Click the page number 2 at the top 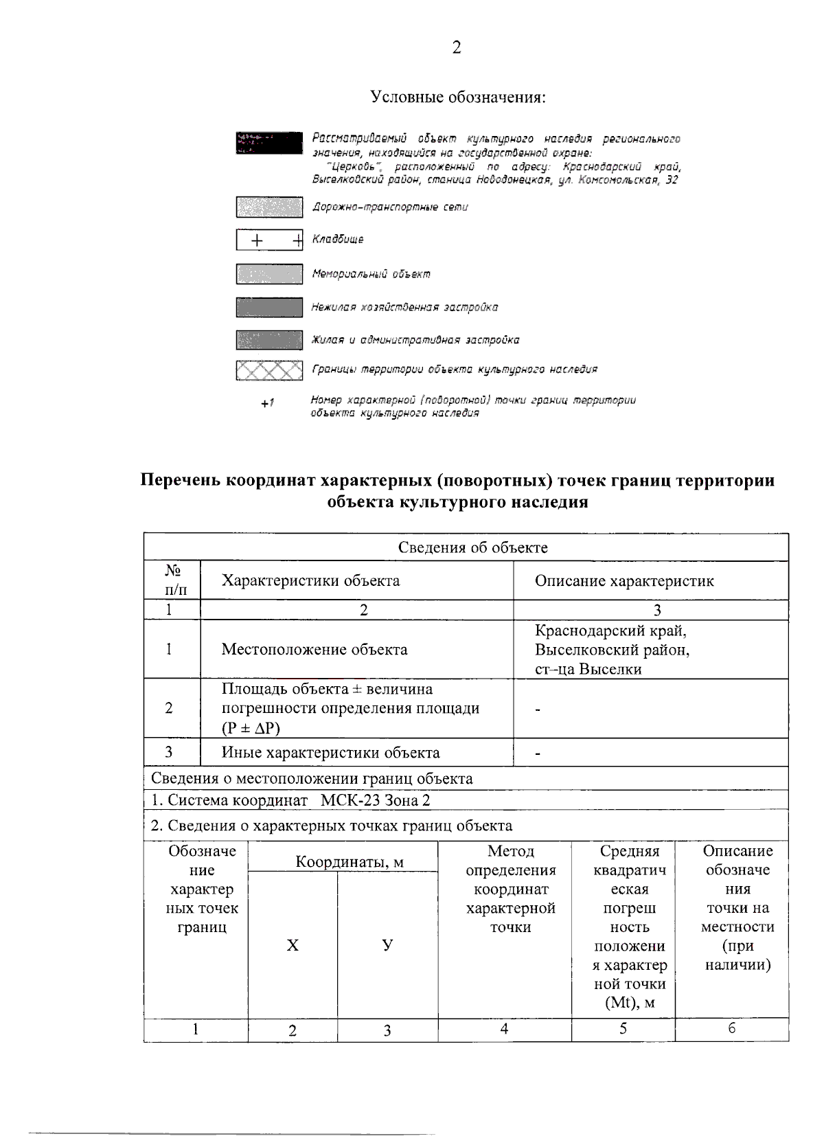pyautogui.click(x=457, y=47)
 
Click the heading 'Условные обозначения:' pyautogui.click(x=458, y=97)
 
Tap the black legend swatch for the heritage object pyautogui.click(x=269, y=143)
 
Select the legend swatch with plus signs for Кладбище pyautogui.click(x=269, y=240)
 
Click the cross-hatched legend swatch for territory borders pyautogui.click(x=269, y=370)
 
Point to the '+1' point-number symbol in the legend pyautogui.click(x=267, y=403)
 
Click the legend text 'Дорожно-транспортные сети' pyautogui.click(x=390, y=207)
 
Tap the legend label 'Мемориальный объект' pyautogui.click(x=371, y=274)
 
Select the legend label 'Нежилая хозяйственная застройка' pyautogui.click(x=404, y=307)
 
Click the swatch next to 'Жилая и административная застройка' pyautogui.click(x=269, y=340)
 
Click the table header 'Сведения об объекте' pyautogui.click(x=472, y=547)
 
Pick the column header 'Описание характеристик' pyautogui.click(x=624, y=581)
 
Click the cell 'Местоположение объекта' pyautogui.click(x=314, y=650)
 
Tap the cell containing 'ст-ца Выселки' pyautogui.click(x=588, y=669)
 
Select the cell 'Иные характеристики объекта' pyautogui.click(x=330, y=753)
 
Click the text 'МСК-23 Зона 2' pyautogui.click(x=375, y=800)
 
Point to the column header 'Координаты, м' pyautogui.click(x=349, y=862)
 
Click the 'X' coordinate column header pyautogui.click(x=293, y=946)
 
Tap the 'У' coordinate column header pyautogui.click(x=387, y=945)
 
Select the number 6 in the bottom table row pyautogui.click(x=731, y=1028)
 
